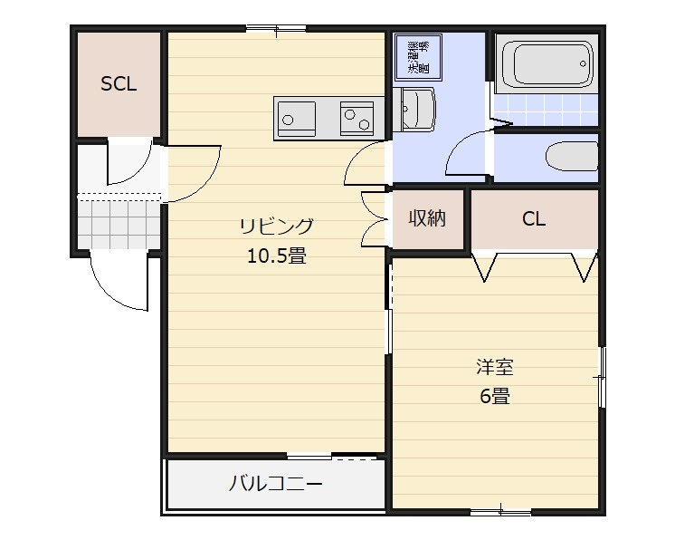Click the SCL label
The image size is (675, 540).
click(119, 84)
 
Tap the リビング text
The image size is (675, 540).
click(276, 226)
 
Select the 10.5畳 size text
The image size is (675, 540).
click(276, 256)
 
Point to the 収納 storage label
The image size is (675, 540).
click(427, 218)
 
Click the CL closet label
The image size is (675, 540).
click(534, 218)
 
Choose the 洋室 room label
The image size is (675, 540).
click(495, 367)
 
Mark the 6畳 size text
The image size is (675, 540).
click(495, 396)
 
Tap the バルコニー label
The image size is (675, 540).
click(275, 483)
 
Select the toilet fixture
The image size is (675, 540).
click(571, 156)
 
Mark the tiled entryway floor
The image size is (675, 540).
click(118, 223)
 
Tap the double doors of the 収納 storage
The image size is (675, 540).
click(373, 218)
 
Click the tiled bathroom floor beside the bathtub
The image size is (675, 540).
click(546, 113)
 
